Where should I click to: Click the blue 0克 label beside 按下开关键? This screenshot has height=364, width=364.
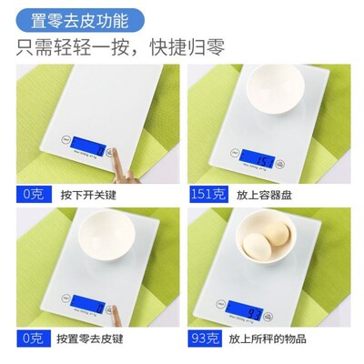(x=35, y=195)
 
